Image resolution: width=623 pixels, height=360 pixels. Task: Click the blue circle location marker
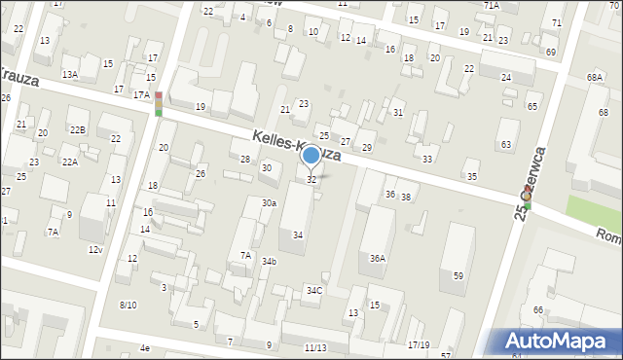[x=311, y=156]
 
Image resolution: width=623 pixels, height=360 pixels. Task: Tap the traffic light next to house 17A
[x=158, y=104]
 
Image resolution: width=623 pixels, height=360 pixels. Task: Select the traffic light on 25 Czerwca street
[x=526, y=198]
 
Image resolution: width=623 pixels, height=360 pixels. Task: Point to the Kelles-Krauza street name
[x=296, y=147]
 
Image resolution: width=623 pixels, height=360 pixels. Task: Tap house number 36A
[x=378, y=258]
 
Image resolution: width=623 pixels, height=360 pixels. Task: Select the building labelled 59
[x=458, y=276]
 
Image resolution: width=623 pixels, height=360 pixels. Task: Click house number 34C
[x=313, y=291]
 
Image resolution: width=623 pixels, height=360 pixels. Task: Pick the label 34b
[x=269, y=261]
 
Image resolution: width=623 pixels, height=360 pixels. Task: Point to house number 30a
[x=268, y=202]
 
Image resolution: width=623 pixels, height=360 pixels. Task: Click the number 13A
[x=69, y=74]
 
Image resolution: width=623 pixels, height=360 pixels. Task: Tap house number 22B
[x=77, y=129]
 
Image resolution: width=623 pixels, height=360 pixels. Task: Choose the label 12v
[x=94, y=250]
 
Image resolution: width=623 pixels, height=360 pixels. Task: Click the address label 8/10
[x=128, y=305]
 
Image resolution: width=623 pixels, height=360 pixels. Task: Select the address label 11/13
[x=314, y=347]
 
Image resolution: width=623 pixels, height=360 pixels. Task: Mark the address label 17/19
[x=418, y=344]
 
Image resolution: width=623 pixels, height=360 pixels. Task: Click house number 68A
[x=595, y=76]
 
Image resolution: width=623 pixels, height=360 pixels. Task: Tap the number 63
[x=505, y=144]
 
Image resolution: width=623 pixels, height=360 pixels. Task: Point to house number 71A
[x=491, y=6]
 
